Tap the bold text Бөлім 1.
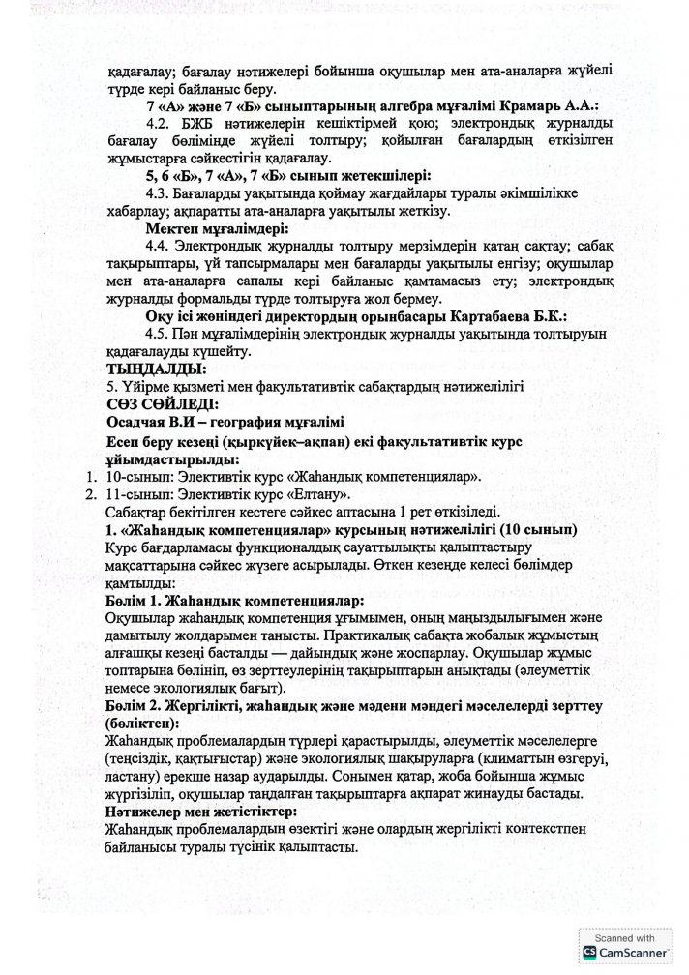(136, 600)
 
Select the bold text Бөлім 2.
(136, 707)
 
